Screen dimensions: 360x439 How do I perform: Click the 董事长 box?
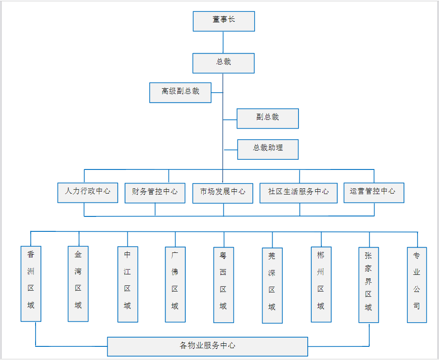point(223,21)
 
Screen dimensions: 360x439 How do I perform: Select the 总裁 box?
point(223,63)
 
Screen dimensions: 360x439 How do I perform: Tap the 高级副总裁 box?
point(180,92)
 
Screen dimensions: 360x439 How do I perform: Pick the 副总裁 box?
point(267,118)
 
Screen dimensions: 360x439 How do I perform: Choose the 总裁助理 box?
point(268,149)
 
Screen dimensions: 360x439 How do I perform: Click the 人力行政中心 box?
point(87,192)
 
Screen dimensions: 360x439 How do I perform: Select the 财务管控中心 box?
point(155,193)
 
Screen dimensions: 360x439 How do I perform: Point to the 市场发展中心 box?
point(223,193)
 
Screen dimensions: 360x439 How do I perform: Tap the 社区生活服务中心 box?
point(299,193)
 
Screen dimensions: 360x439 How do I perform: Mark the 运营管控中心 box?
point(374,192)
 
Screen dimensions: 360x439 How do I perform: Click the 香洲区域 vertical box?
point(31,284)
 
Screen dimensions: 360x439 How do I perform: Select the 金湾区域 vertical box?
point(78,284)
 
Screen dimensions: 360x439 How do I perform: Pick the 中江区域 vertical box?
point(127,284)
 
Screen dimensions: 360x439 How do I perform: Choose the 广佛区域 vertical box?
point(175,284)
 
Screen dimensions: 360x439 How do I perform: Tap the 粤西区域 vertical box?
point(223,285)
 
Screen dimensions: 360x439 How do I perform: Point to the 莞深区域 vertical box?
point(272,285)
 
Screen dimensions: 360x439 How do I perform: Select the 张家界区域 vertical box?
point(368,285)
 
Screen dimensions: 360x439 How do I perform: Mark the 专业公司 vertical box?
point(417,285)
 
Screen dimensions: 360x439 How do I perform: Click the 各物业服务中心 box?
point(207,346)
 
